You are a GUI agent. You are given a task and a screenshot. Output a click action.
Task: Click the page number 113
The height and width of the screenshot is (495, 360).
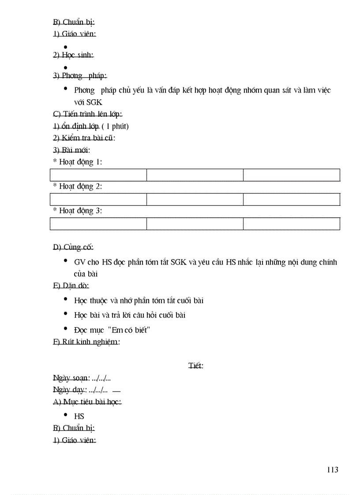click(x=332, y=469)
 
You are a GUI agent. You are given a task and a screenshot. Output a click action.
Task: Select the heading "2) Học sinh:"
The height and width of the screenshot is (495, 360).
click(x=73, y=55)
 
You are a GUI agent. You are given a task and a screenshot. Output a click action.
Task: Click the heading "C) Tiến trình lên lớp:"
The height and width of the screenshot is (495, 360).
click(x=87, y=114)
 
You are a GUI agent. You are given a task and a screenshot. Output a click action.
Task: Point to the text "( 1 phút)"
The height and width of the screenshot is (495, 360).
click(x=115, y=126)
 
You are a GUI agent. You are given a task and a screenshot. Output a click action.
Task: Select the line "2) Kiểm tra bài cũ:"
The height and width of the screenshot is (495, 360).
click(x=84, y=138)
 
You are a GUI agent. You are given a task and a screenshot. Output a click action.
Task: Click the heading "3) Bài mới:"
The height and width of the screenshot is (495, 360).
click(x=71, y=150)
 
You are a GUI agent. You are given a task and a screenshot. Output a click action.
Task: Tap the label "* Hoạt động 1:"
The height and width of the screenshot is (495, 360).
click(x=78, y=162)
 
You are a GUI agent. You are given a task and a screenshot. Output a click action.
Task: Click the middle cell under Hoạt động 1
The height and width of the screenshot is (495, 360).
click(x=195, y=175)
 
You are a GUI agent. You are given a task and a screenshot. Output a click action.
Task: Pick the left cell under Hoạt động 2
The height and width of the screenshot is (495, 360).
click(x=98, y=199)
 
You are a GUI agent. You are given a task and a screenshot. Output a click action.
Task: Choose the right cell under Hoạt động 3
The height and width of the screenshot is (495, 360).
click(x=291, y=223)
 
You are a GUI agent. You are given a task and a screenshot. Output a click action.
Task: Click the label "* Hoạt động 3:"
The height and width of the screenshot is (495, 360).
click(x=78, y=211)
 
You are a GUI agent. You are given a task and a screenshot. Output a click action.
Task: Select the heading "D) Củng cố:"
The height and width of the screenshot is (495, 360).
click(x=73, y=247)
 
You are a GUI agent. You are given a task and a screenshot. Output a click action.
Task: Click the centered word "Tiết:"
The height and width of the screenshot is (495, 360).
click(x=195, y=366)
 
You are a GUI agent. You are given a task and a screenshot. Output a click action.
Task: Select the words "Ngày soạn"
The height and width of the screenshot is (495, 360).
click(x=71, y=378)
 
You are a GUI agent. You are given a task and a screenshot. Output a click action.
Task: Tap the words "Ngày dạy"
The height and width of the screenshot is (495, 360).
click(x=70, y=390)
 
